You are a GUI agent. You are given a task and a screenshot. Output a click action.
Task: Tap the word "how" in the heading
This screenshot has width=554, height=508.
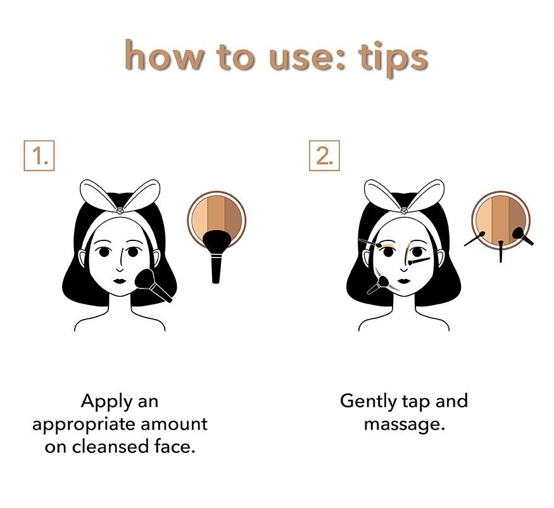[164, 55]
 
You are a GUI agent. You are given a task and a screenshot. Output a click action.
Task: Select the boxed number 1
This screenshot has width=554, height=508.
[39, 156]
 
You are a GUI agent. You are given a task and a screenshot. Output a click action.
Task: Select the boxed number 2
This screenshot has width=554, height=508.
[324, 156]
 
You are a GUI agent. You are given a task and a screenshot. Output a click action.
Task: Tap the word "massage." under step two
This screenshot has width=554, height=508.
[404, 425]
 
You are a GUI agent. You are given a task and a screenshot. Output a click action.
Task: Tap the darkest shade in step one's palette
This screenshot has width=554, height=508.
[233, 218]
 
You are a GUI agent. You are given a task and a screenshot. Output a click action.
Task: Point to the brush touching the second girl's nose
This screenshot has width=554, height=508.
[419, 261]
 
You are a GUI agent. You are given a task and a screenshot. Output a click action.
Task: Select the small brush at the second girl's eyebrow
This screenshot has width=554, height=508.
[370, 243]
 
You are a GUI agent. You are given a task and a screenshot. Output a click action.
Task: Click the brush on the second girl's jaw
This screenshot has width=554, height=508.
[378, 285]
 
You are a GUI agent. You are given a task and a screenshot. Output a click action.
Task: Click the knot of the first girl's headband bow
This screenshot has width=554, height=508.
[120, 211]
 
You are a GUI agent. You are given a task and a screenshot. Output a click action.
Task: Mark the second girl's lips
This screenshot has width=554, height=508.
[404, 281]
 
